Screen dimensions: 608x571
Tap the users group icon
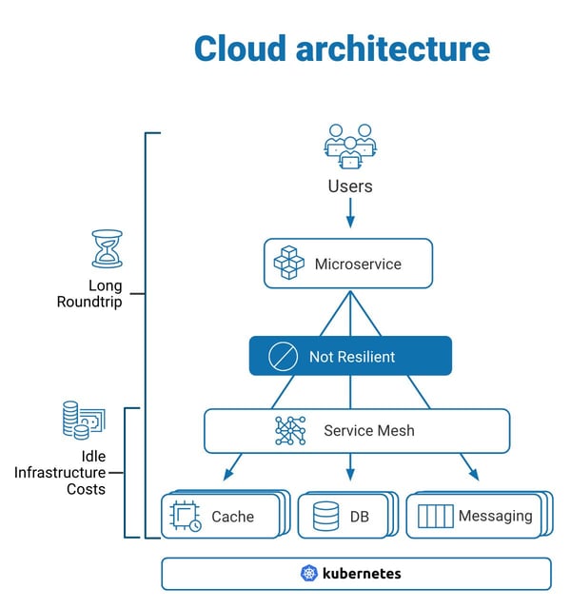pyautogui.click(x=350, y=144)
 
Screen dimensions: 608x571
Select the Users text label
pyautogui.click(x=350, y=186)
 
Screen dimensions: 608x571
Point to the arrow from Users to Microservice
pyautogui.click(x=350, y=212)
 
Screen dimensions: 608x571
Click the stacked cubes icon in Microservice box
pyautogui.click(x=289, y=264)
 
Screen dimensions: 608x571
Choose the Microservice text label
pyautogui.click(x=358, y=264)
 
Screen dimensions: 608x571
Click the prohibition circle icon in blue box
pyautogui.click(x=283, y=357)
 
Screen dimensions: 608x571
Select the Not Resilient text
pyautogui.click(x=351, y=357)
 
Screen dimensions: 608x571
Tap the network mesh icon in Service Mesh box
pyautogui.click(x=290, y=431)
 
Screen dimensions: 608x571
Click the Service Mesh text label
pyautogui.click(x=369, y=431)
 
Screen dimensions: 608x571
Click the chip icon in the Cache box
pyautogui.click(x=185, y=516)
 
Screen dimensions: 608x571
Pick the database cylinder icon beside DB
pyautogui.click(x=325, y=517)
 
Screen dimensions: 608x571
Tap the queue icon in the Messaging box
pyautogui.click(x=435, y=517)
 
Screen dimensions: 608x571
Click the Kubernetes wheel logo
pyautogui.click(x=308, y=574)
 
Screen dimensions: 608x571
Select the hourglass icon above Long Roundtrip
pyautogui.click(x=106, y=248)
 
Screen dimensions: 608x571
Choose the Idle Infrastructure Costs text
pyautogui.click(x=59, y=472)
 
